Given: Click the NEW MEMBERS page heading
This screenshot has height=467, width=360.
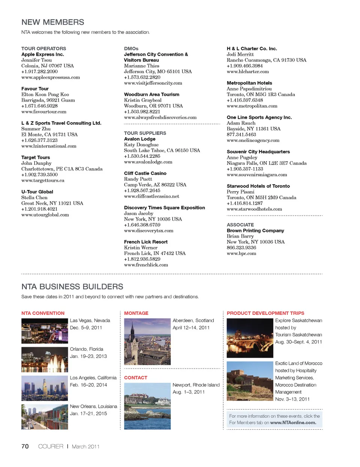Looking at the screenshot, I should (53, 22).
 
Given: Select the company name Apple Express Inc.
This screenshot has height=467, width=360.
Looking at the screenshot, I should (42, 54).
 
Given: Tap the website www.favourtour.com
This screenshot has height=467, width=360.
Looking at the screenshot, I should (44, 112).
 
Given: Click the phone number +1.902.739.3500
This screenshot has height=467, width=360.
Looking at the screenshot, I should (39, 175).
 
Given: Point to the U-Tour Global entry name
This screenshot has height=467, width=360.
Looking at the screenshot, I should (37, 192).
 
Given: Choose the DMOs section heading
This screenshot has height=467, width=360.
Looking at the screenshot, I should (131, 49).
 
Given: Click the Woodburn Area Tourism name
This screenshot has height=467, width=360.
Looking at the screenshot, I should (151, 94).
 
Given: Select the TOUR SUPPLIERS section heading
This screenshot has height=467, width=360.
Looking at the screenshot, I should (145, 133).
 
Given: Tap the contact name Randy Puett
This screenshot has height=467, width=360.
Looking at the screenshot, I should (138, 179).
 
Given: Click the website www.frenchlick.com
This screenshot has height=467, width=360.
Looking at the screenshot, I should (146, 265).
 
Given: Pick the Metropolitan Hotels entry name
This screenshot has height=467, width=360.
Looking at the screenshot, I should (249, 83).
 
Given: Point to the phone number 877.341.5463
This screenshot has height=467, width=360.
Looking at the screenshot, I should (241, 135).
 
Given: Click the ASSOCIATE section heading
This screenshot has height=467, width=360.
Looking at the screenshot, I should (240, 225).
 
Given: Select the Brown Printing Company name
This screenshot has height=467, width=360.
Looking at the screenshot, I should (255, 231).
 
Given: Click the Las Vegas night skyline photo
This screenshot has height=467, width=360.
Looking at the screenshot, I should (45, 331).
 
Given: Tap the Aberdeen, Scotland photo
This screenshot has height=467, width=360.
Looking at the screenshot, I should (147, 341).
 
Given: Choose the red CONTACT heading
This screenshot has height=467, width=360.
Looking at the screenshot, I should (136, 378).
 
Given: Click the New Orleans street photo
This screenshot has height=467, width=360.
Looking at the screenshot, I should (45, 417).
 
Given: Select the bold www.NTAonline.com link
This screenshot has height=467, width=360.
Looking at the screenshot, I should (293, 423).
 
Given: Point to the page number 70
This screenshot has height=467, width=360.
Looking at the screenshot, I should (25, 446).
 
